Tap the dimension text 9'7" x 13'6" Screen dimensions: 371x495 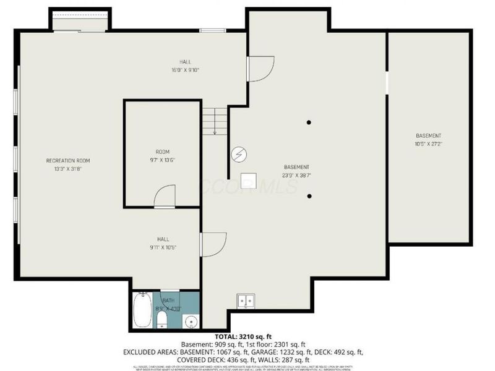162,160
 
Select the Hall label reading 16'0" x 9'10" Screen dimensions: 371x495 185,66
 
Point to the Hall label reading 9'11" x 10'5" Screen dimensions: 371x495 163,243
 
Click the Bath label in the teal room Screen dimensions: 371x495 168,301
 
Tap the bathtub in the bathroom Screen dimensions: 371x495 142,310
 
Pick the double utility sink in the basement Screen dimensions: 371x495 246,301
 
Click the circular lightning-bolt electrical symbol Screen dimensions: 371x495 238,154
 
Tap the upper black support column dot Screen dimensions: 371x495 309,122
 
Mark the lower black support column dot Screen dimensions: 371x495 309,196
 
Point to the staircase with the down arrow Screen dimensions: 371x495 214,121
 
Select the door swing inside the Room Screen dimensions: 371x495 165,197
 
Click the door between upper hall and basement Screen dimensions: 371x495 260,68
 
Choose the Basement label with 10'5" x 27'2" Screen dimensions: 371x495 428,140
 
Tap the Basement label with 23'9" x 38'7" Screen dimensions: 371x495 296,171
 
